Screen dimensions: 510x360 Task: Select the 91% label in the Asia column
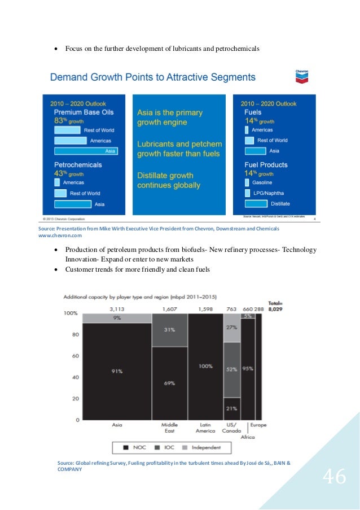click(x=117, y=371)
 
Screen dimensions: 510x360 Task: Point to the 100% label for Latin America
click(x=205, y=366)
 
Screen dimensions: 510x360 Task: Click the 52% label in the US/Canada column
click(x=231, y=369)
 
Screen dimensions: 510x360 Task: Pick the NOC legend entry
click(x=138, y=447)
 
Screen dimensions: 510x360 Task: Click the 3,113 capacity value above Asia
click(x=117, y=308)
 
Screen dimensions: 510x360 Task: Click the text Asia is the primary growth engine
click(x=170, y=117)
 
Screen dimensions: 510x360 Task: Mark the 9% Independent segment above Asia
click(x=117, y=318)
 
